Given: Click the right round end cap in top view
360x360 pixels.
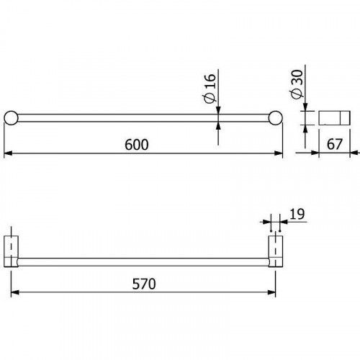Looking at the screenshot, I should (x=276, y=119).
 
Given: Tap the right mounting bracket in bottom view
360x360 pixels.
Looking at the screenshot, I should (x=276, y=249).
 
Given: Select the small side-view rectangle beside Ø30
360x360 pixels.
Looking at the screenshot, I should (x=330, y=118).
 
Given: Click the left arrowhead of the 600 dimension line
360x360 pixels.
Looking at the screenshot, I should (x=9, y=153).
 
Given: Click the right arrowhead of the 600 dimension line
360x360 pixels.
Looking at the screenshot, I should (x=278, y=153).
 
